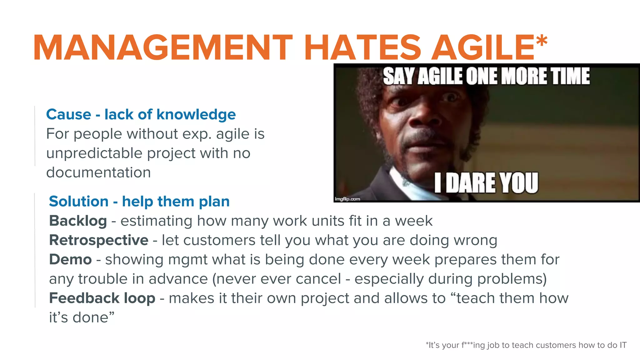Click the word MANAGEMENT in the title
[162, 47]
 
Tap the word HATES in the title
[362, 47]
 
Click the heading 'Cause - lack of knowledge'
[141, 114]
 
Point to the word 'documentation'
[98, 172]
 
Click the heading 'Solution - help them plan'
[139, 201]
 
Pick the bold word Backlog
[78, 221]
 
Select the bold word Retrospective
[99, 240]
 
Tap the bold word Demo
[70, 259]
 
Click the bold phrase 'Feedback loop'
[102, 298]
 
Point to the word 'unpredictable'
[94, 153]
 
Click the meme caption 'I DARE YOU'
[486, 183]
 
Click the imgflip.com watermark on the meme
[347, 199]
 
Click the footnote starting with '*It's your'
[526, 345]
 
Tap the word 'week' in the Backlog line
[414, 221]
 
